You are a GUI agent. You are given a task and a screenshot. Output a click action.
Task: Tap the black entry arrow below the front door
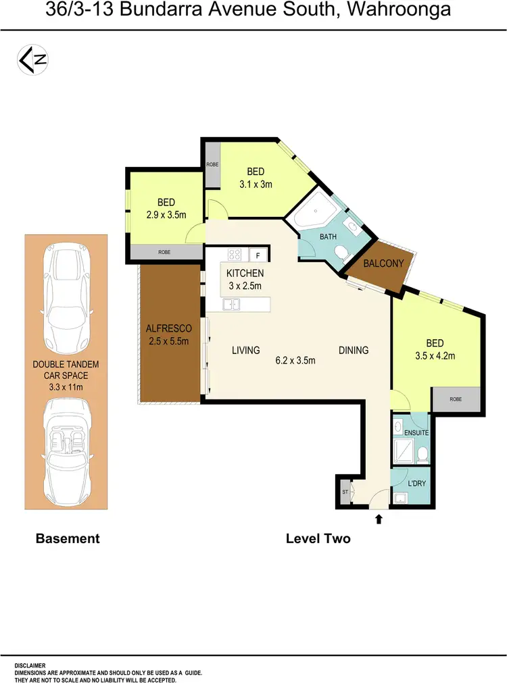coord(379,519)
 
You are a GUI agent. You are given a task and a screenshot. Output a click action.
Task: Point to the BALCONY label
coord(383,263)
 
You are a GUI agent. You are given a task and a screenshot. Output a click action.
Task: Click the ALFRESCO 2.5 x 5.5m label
coord(169,334)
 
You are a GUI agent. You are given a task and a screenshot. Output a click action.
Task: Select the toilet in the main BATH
coord(341,253)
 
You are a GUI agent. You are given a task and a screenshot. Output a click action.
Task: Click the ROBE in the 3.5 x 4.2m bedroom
coord(456,399)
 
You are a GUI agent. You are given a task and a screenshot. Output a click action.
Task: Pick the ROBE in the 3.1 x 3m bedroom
coord(213,164)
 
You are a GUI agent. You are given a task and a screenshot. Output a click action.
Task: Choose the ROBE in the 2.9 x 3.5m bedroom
coord(164,251)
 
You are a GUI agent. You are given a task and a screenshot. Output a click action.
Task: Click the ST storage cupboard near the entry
coord(344,492)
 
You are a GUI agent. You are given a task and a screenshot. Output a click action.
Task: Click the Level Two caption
coord(318,538)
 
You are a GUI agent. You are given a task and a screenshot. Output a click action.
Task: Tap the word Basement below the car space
coord(67,538)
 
